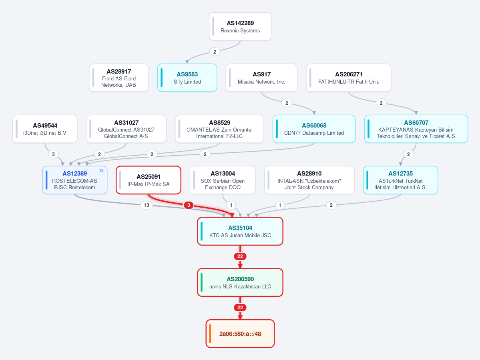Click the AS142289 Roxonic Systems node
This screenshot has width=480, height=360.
coord(240,27)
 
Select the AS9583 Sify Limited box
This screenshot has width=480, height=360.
coord(187,78)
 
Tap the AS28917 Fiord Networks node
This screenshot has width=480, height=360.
coord(119,78)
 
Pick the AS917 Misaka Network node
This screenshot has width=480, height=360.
coord(261,78)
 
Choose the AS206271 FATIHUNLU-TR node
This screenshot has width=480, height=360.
coord(349,78)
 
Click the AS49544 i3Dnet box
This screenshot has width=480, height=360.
coord(45,129)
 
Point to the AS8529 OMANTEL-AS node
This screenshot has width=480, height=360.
coord(219,129)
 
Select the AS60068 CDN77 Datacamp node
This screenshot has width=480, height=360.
coord(314,129)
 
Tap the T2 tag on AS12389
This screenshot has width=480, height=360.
coord(101,171)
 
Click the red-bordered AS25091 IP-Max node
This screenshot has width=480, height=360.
coord(149,180)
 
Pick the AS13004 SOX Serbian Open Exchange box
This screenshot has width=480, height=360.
coord(223,180)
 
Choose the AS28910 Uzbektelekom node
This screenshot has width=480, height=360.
coord(309,180)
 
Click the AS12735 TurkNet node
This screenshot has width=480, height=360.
coord(400,180)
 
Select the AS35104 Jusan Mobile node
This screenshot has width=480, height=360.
coord(240,231)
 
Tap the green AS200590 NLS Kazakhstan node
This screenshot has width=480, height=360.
coord(240,282)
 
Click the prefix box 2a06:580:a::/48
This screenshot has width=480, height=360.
coord(240,334)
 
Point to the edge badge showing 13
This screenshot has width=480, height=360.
coord(147,205)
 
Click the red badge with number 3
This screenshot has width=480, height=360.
coord(189,205)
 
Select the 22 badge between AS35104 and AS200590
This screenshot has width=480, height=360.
coord(240,256)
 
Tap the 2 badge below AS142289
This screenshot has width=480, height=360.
coord(215,52)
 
